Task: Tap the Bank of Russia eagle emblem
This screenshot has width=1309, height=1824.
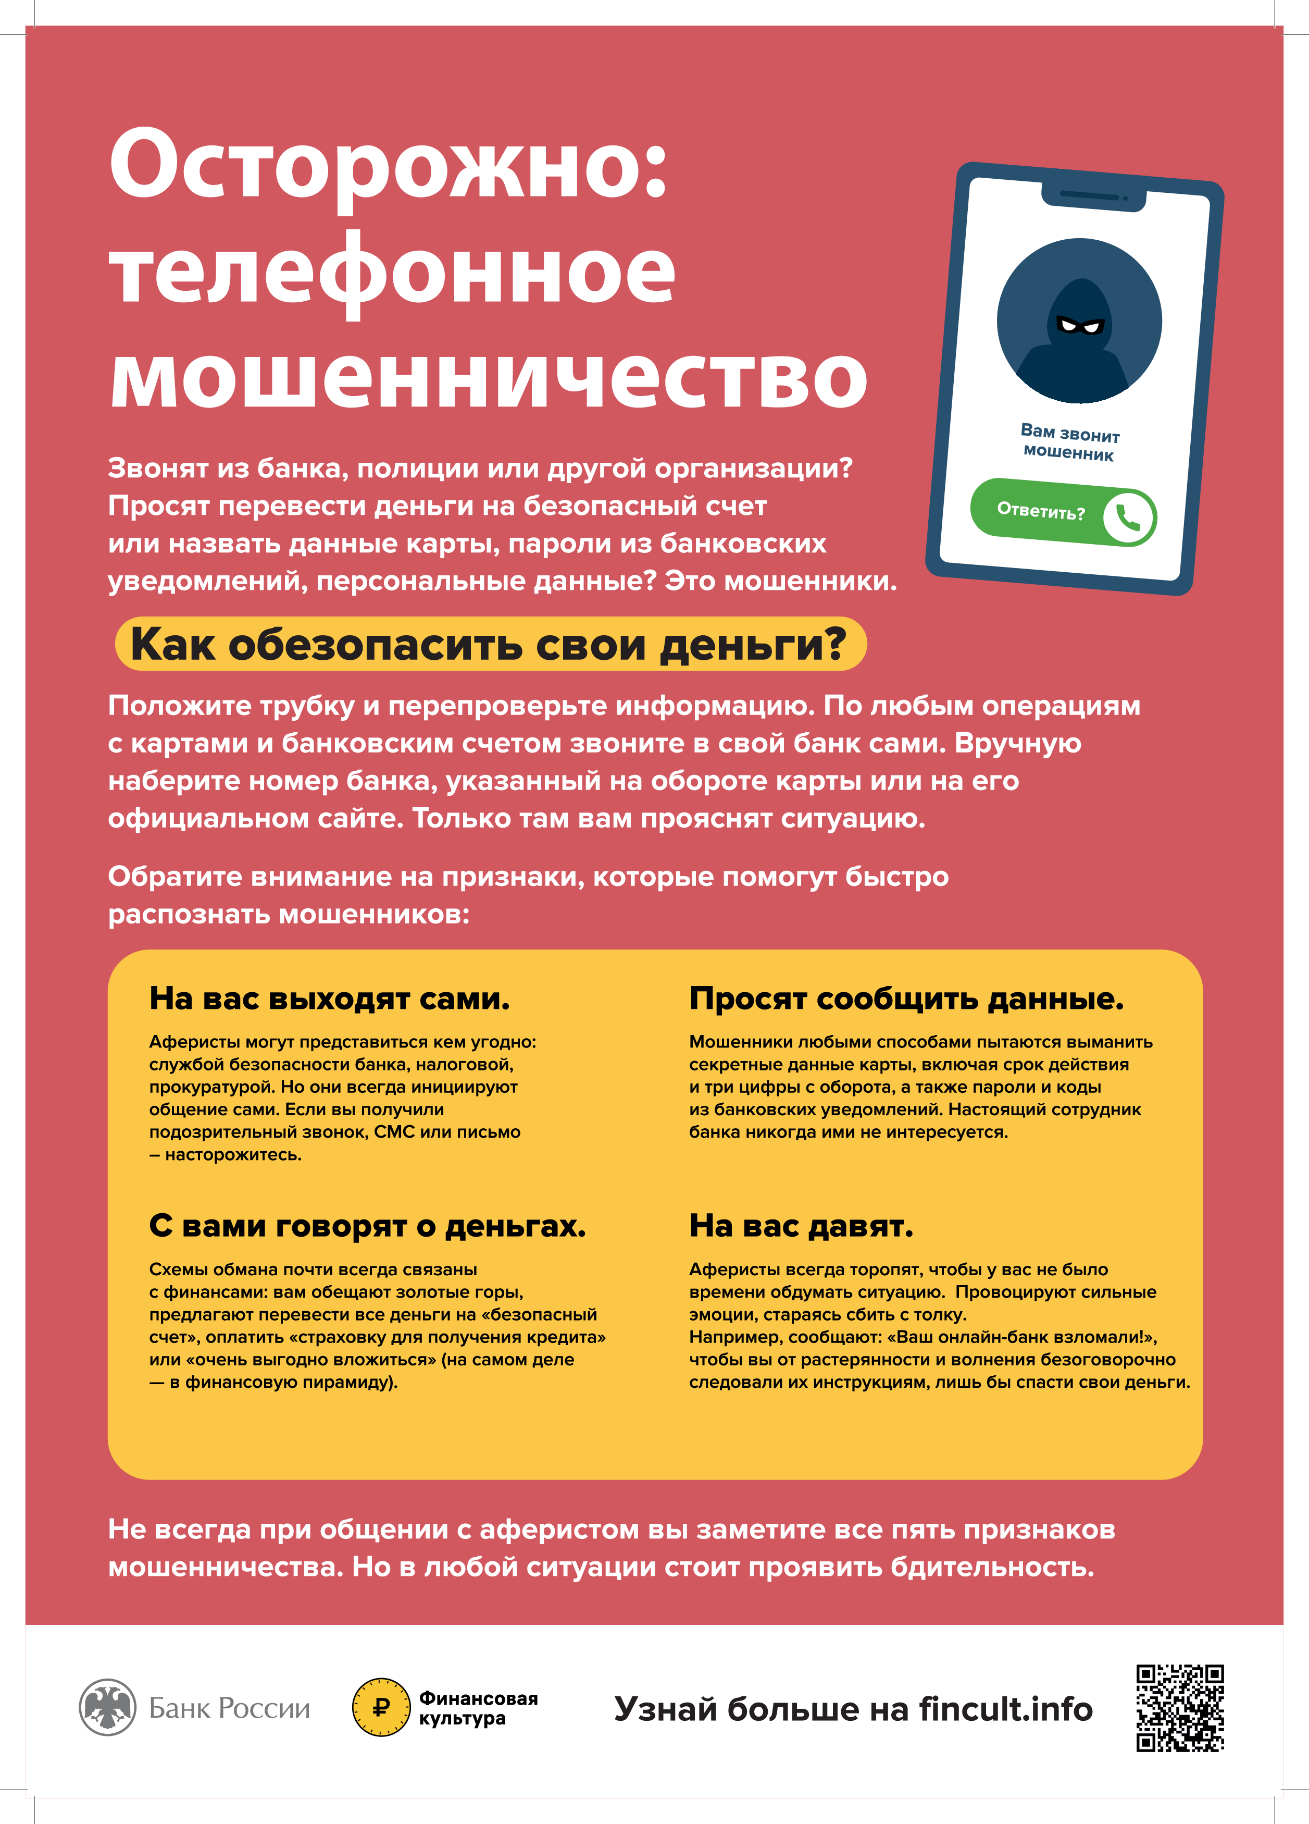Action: [107, 1707]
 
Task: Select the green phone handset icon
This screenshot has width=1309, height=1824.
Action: [1128, 519]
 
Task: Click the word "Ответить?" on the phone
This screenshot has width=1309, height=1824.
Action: [1040, 511]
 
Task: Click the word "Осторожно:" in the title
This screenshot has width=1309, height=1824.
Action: [389, 164]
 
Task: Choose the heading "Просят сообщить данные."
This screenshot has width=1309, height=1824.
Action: [906, 999]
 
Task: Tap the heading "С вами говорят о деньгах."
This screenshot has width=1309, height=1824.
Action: [367, 1226]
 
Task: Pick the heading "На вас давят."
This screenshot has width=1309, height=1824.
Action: [801, 1226]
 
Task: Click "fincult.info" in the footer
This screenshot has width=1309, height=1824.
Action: [1005, 1709]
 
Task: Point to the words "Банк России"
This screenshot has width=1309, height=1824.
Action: [229, 1707]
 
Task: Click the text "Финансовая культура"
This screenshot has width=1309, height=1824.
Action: [478, 1707]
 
